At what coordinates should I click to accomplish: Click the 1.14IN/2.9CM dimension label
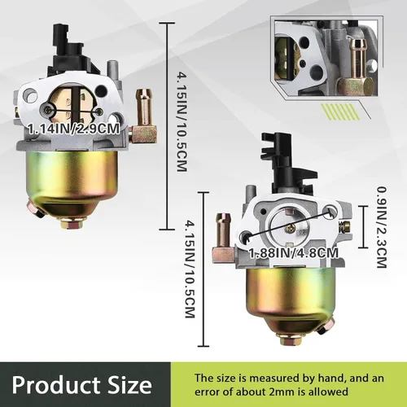(x=73, y=129)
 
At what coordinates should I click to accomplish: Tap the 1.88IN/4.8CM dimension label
(x=294, y=253)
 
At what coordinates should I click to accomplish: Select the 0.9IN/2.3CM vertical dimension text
(x=381, y=227)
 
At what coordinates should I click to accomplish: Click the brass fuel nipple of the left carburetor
(x=144, y=116)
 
